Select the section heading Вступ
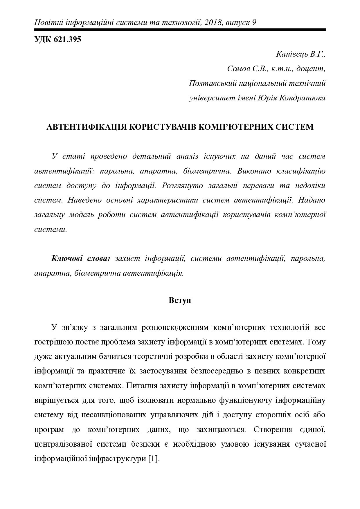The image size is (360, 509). coord(180,300)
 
